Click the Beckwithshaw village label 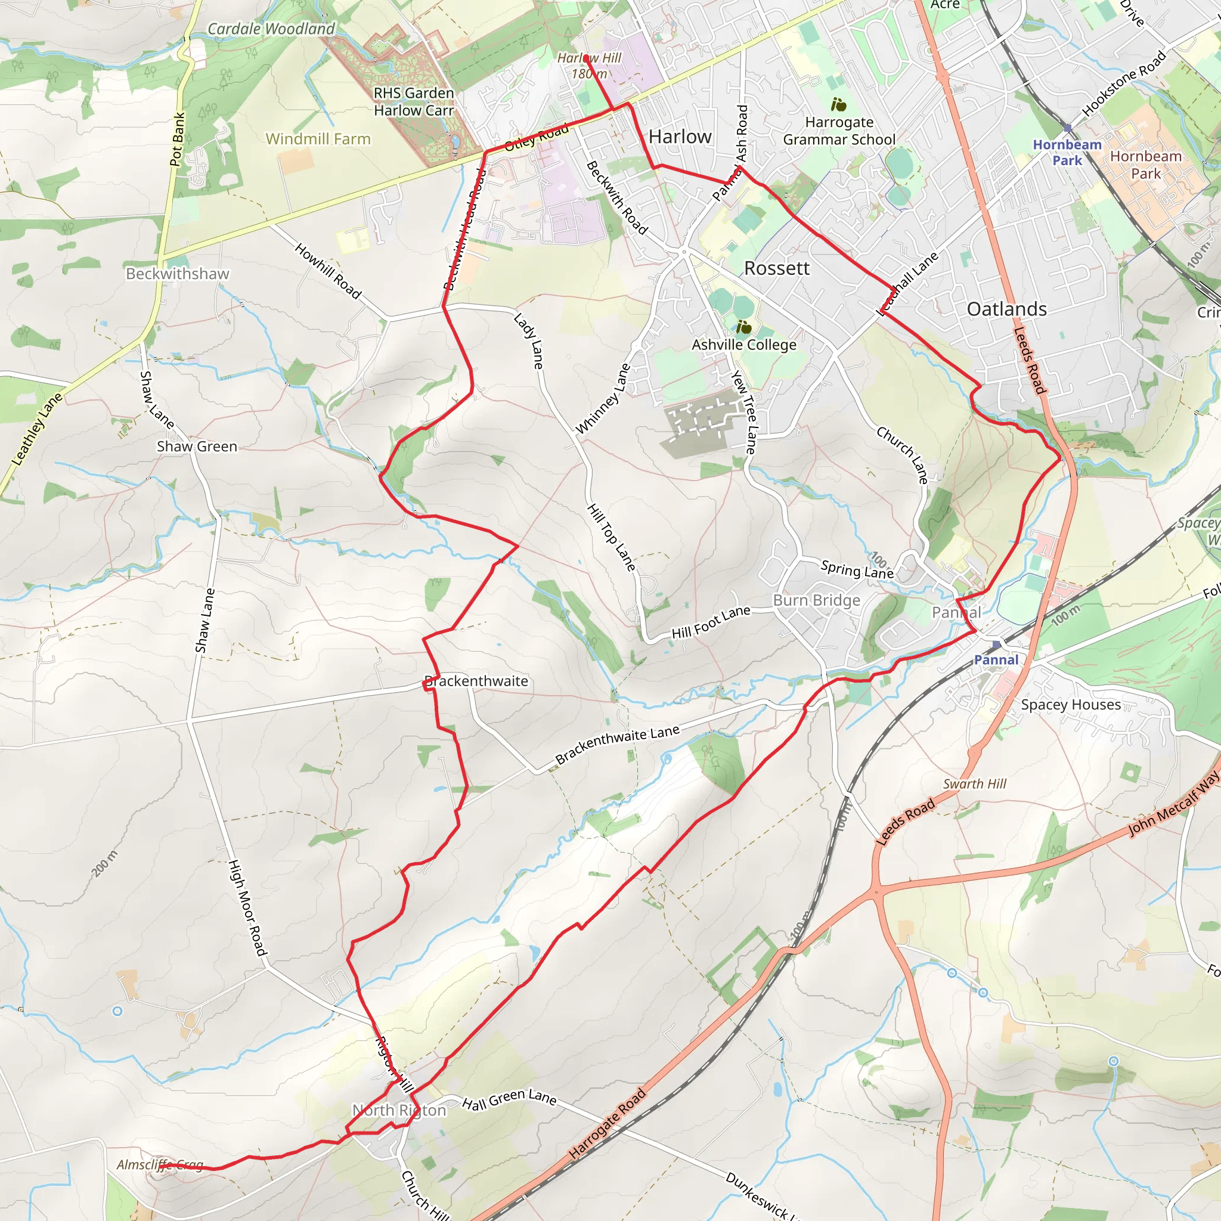178,274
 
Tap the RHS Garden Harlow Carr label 414,102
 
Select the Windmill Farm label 318,139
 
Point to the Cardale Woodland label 271,29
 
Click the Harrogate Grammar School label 839,131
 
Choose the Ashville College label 744,345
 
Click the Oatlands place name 1007,309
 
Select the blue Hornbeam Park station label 1067,152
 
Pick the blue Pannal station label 996,660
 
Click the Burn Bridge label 817,600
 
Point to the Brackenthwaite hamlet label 476,681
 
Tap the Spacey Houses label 1071,705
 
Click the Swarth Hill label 975,783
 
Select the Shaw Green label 197,446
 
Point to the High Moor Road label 247,907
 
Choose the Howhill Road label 328,271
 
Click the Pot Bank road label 178,139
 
